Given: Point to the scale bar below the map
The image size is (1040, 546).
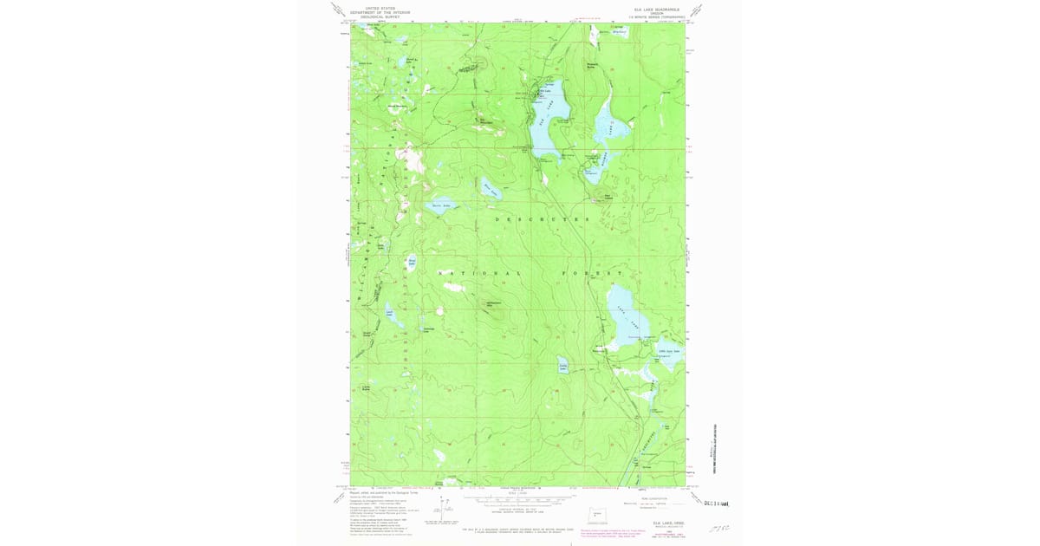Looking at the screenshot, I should tap(517, 499).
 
